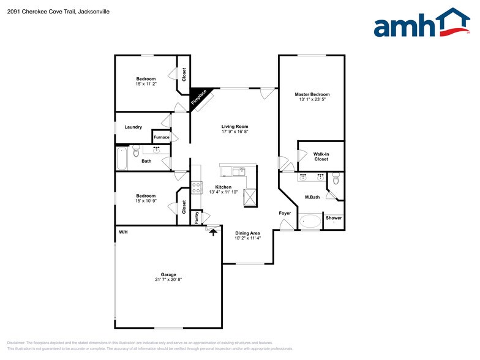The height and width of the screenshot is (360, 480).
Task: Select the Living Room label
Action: pyautogui.click(x=234, y=127)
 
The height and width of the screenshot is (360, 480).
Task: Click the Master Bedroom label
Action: pyautogui.click(x=312, y=94)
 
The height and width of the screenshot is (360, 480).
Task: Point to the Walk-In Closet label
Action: pyautogui.click(x=321, y=157)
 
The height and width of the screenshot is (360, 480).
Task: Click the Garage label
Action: pyautogui.click(x=168, y=274)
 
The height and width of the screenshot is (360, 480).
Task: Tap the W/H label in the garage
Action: pyautogui.click(x=123, y=232)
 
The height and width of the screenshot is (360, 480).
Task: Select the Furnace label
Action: pyautogui.click(x=162, y=137)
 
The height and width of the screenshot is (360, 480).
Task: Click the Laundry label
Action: pyautogui.click(x=133, y=127)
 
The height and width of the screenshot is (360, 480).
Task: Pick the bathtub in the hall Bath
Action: pyautogui.click(x=121, y=159)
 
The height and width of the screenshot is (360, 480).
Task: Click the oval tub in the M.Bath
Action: pyautogui.click(x=310, y=221)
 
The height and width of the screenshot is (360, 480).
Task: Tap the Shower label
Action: pyautogui.click(x=334, y=218)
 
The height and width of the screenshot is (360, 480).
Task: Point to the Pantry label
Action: pyautogui.click(x=197, y=217)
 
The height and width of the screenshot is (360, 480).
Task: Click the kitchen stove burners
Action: pyautogui.click(x=197, y=187)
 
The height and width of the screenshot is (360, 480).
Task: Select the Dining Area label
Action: pyautogui.click(x=247, y=233)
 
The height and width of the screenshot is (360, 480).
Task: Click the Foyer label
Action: pyautogui.click(x=285, y=213)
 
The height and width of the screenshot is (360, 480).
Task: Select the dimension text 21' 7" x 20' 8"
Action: pyautogui.click(x=168, y=280)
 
